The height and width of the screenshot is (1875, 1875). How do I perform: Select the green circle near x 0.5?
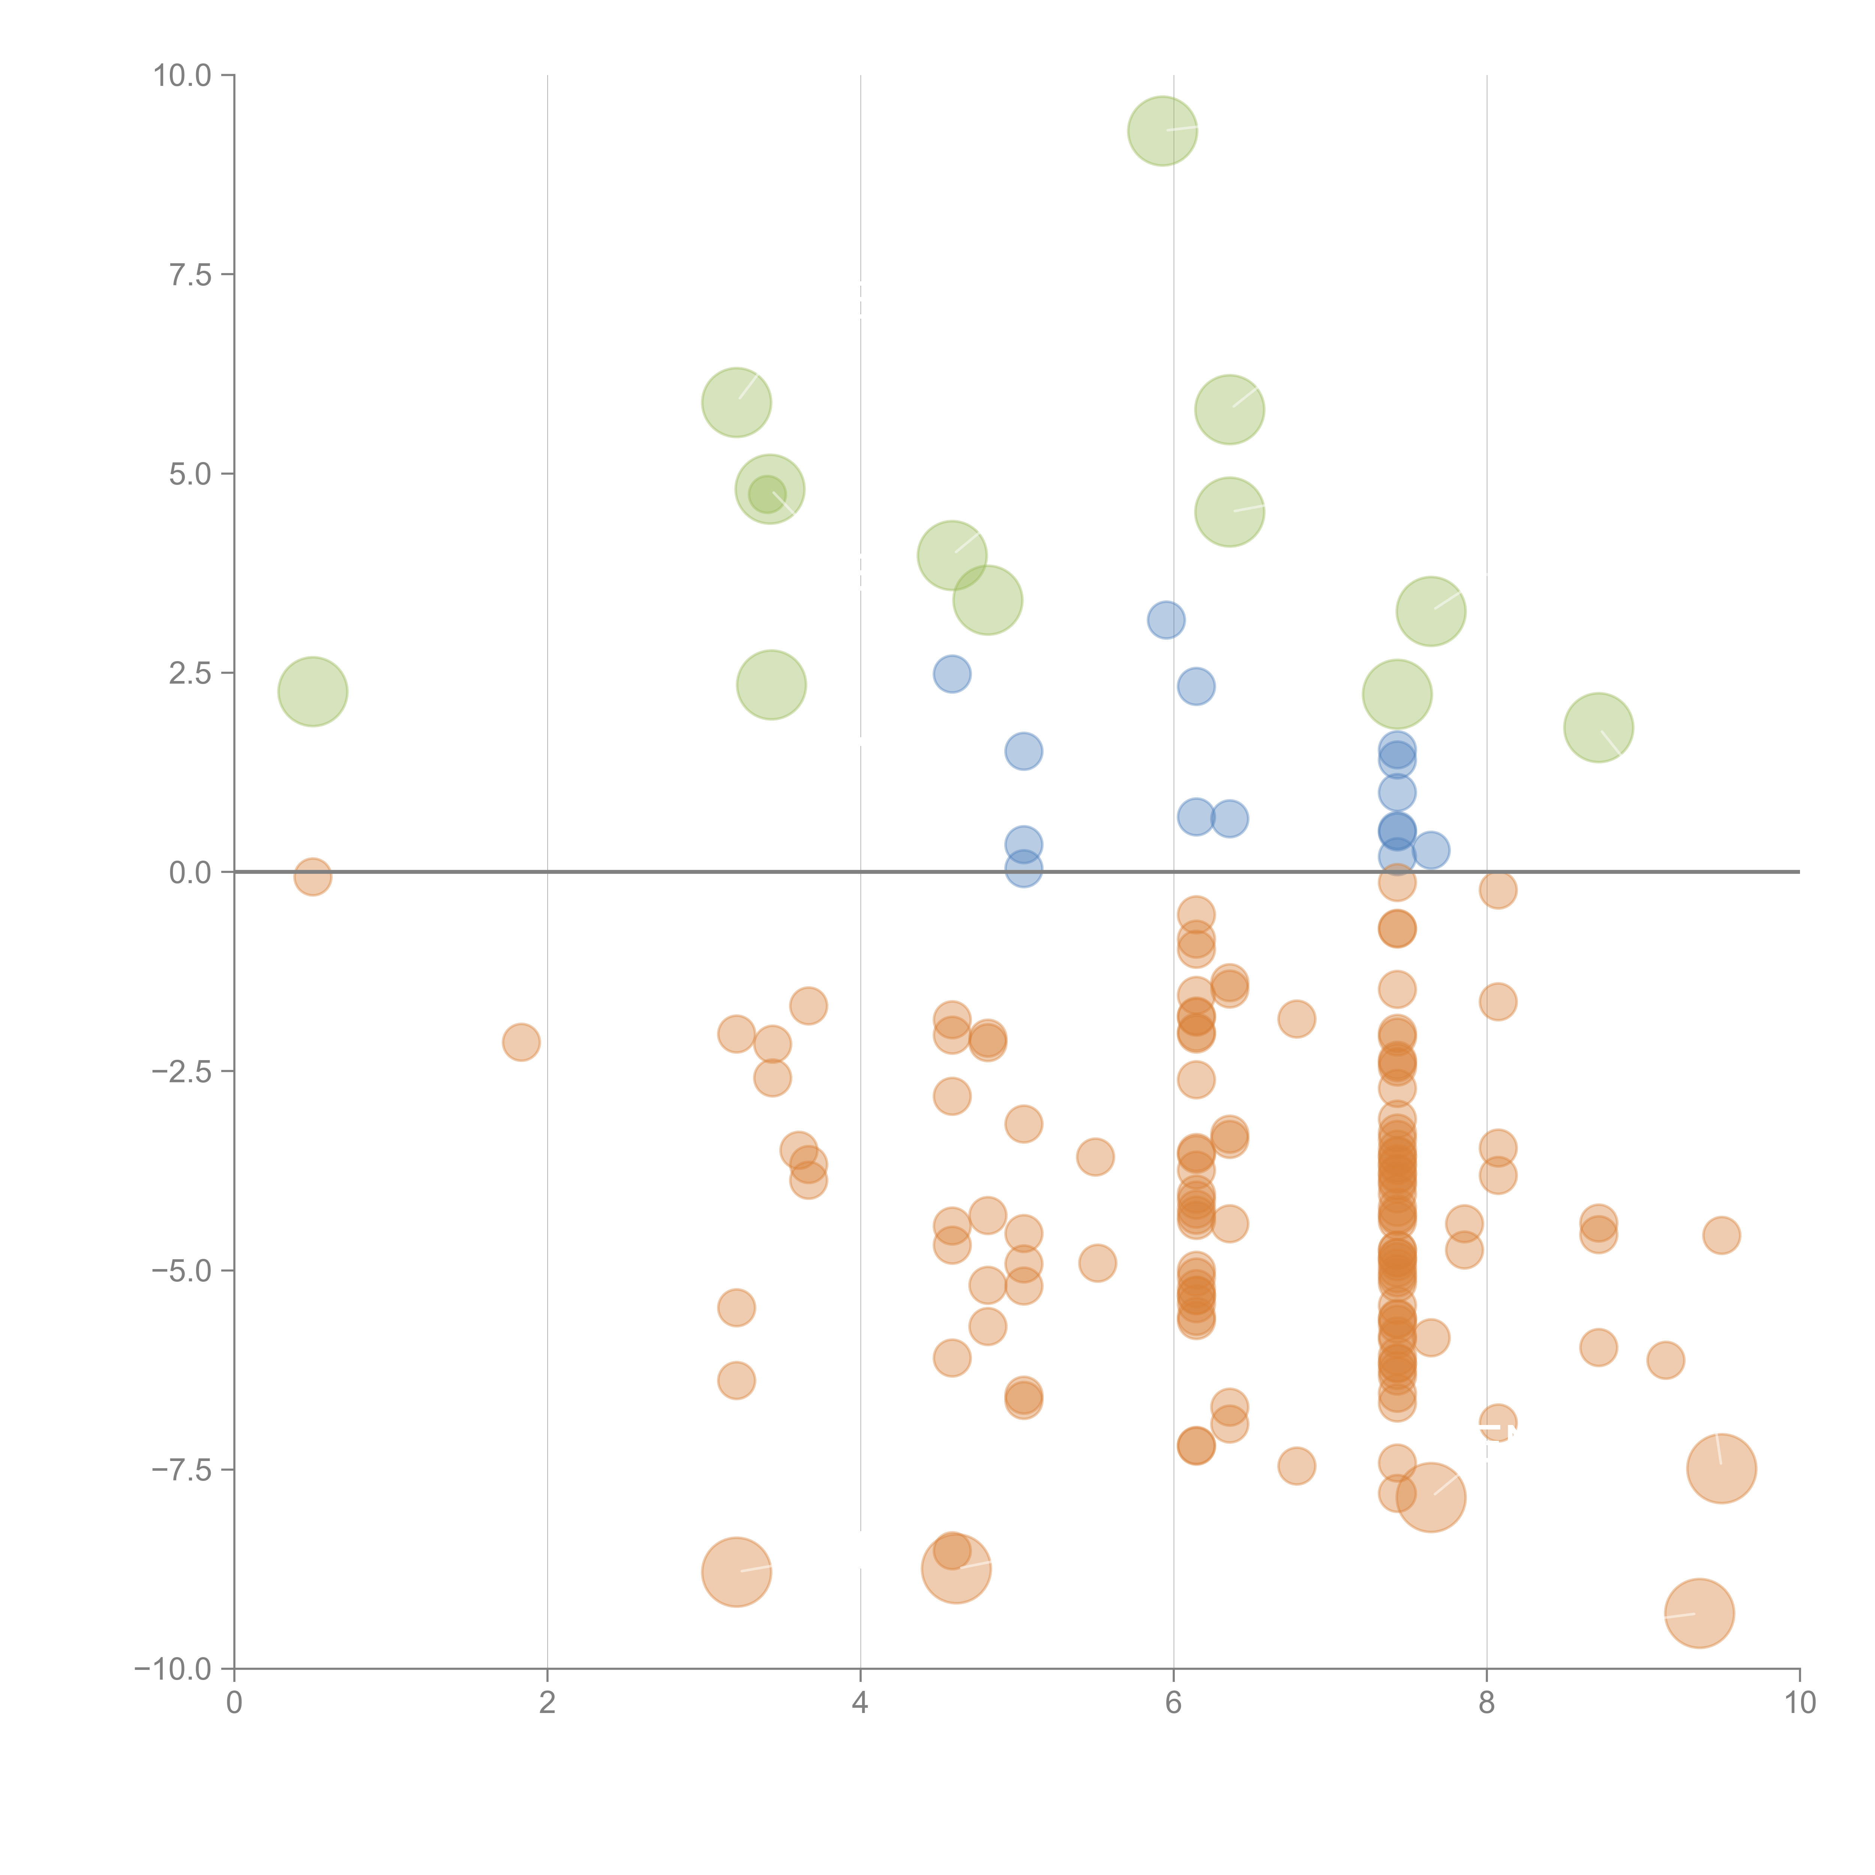[312, 691]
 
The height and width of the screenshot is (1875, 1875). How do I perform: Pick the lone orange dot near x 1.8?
[521, 1042]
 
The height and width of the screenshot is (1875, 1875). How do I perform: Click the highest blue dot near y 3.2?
[1165, 619]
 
